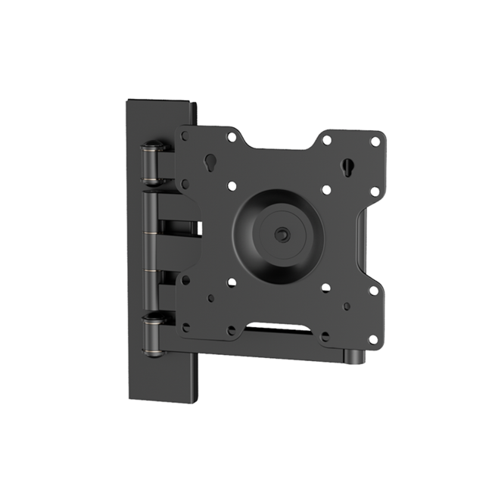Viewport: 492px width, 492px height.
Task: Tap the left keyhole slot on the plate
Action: (x=209, y=163)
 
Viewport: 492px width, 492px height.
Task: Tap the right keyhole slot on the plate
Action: (x=347, y=166)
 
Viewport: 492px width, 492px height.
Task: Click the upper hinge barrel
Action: (x=153, y=162)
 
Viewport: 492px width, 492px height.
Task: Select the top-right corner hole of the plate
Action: (x=374, y=141)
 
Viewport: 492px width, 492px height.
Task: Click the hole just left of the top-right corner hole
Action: (x=326, y=139)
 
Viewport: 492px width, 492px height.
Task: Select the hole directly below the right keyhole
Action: (x=326, y=190)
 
